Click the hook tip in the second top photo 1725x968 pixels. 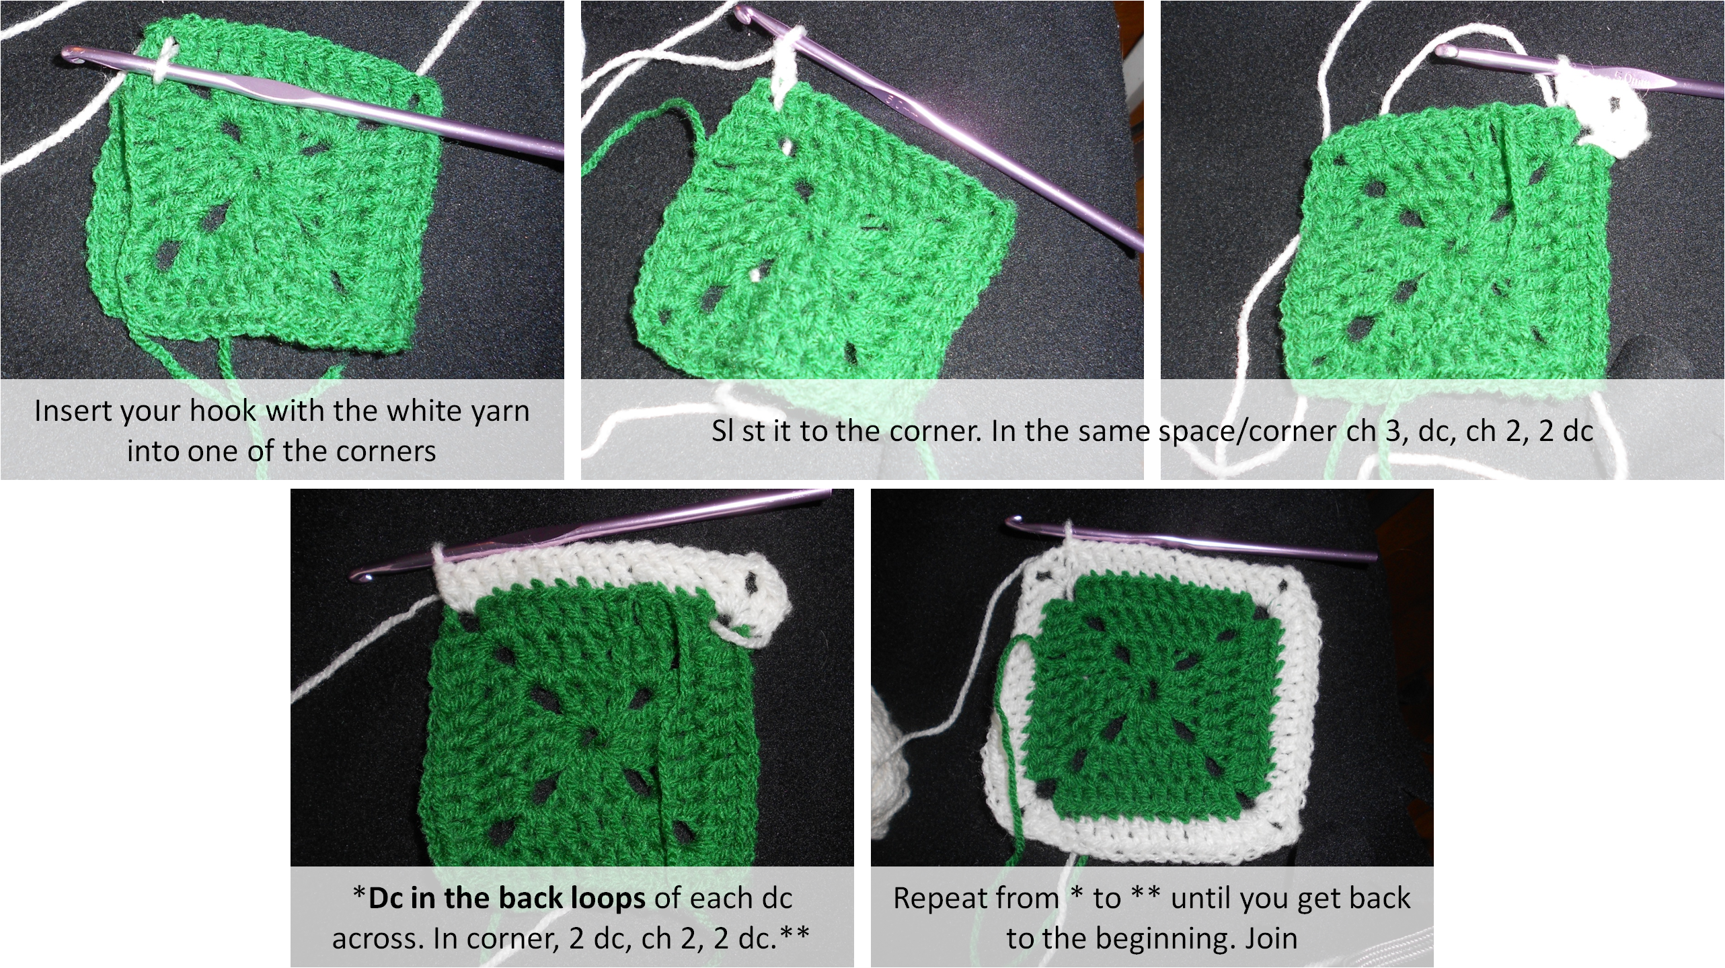tap(740, 11)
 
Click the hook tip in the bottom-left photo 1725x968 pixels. tap(360, 577)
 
